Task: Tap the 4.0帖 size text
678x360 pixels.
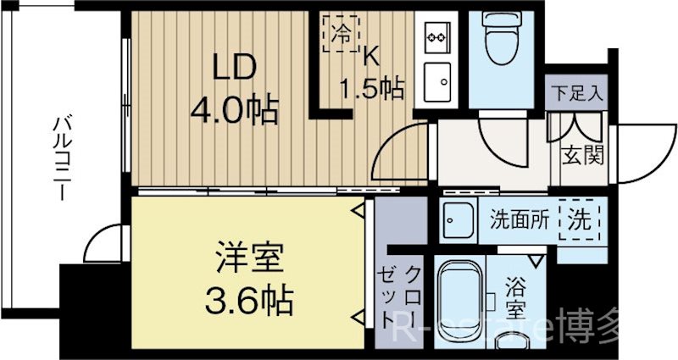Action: point(233,109)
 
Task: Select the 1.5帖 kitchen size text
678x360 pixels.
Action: point(370,87)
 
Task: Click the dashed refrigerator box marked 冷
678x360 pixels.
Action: point(337,33)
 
